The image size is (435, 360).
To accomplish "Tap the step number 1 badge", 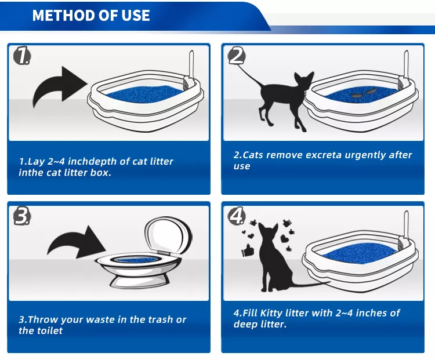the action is point(22,56).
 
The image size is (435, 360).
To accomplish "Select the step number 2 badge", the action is point(237,56).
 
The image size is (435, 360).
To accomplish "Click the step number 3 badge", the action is point(22,216).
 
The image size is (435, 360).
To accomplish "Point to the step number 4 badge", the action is point(237,216).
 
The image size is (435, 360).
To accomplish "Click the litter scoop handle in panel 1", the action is point(191,64).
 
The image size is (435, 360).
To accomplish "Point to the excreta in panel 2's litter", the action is point(362,93).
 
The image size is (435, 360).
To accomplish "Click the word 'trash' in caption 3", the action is point(160,319).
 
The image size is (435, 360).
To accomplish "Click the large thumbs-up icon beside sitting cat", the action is point(248,250).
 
